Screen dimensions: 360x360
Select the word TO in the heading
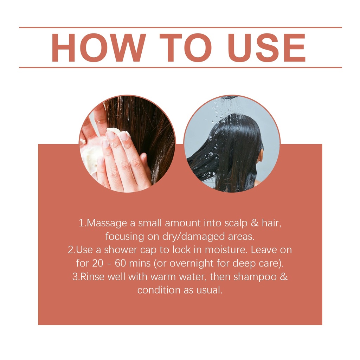point(186,47)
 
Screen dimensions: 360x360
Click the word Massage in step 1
point(107,223)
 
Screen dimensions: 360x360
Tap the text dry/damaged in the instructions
point(193,237)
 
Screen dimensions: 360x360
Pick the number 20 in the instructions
point(98,263)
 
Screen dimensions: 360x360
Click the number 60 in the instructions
point(120,263)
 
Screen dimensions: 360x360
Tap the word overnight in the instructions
point(192,263)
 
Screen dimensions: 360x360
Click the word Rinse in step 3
point(92,277)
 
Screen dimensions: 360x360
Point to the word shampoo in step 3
point(255,277)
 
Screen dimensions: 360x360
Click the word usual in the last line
point(209,290)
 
